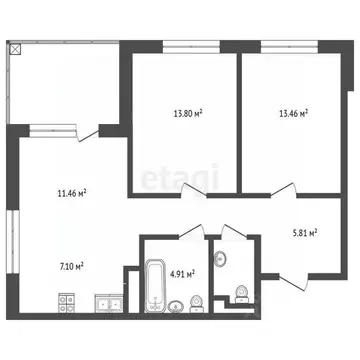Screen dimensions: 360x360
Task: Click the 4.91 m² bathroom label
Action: click(182, 273)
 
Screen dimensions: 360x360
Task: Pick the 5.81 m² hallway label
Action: click(301, 233)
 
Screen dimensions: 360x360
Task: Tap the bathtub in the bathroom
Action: click(155, 282)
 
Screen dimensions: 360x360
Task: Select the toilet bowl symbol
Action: click(240, 290)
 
